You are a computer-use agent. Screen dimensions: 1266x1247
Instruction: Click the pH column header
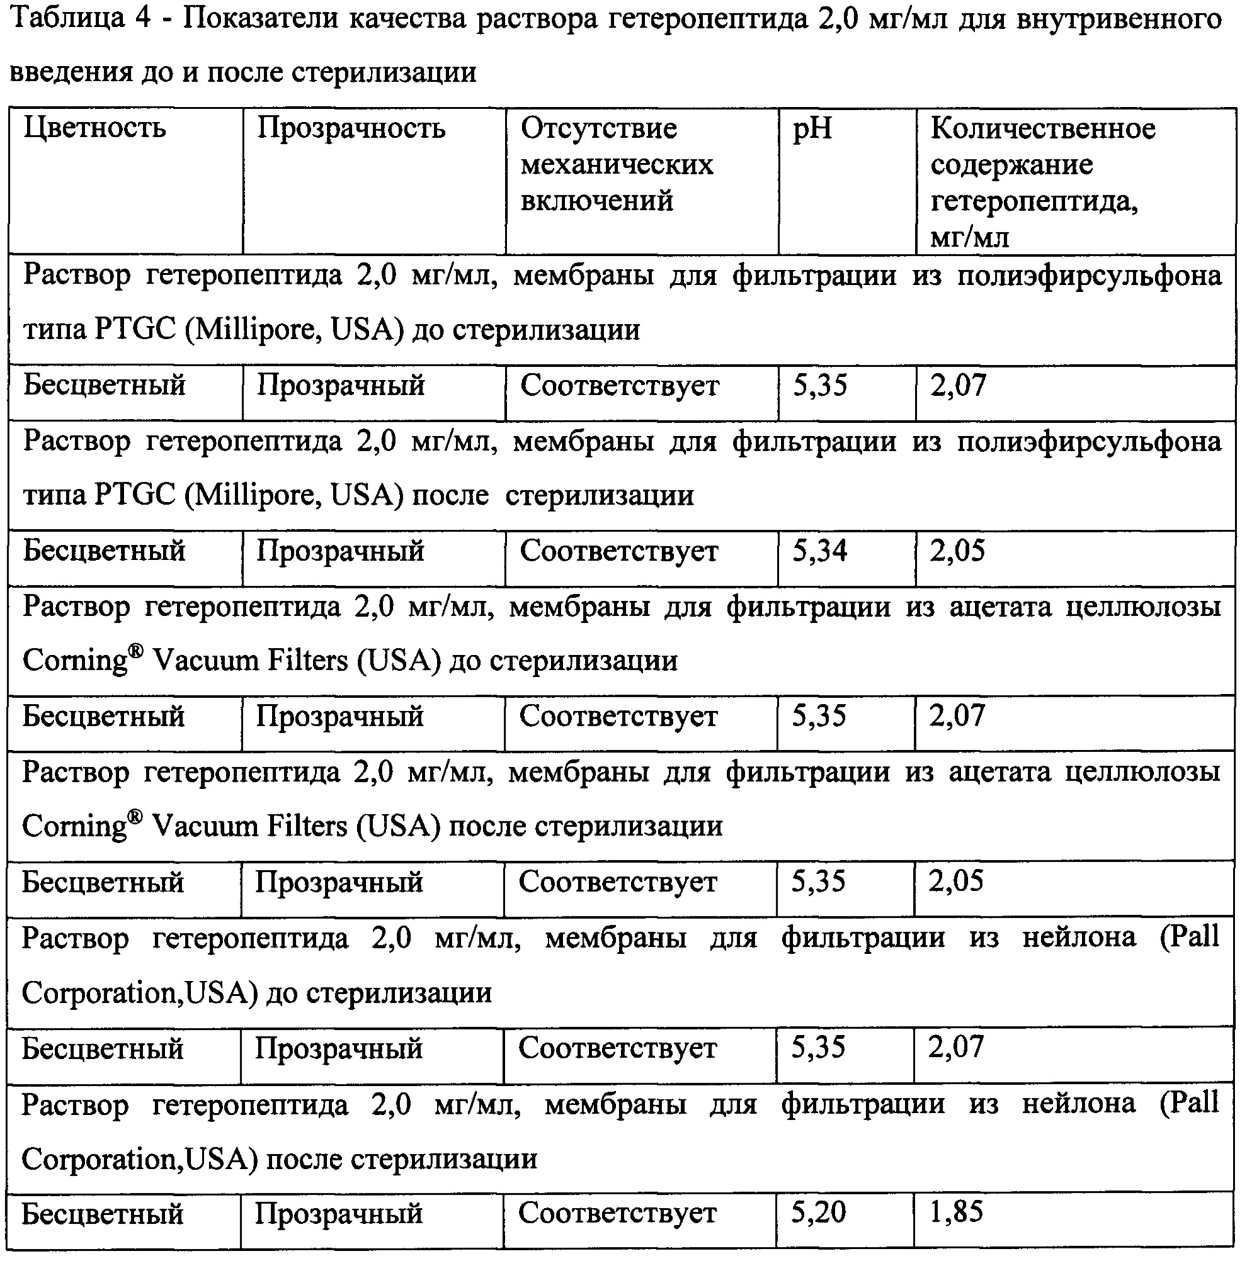[x=812, y=129]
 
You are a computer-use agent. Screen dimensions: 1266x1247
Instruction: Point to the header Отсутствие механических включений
[x=617, y=164]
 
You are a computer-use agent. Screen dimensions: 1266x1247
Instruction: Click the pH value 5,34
[x=819, y=550]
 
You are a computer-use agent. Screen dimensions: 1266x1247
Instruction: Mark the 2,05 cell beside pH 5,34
[x=957, y=550]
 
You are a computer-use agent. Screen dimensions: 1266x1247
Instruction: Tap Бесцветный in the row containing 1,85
[x=102, y=1213]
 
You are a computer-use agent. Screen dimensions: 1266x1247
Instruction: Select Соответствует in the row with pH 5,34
[x=619, y=551]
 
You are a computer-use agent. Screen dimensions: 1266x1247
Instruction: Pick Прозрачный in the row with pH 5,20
[x=339, y=1213]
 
